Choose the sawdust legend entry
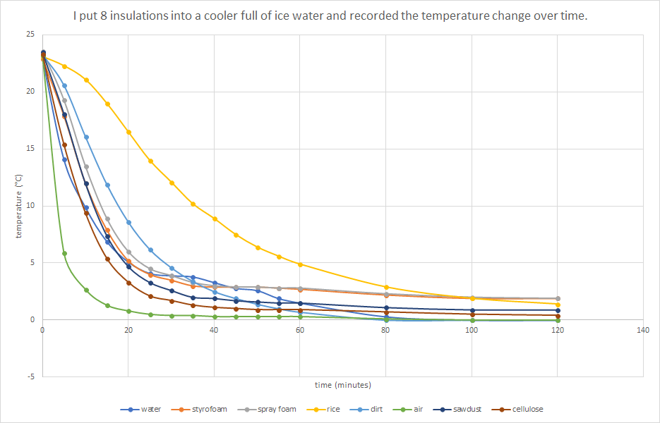[467, 409]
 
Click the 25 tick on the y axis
[29, 34]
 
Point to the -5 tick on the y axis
[30, 376]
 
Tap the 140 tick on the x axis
[642, 329]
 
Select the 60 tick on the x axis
[300, 329]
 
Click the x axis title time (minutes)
[342, 385]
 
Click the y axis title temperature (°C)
[20, 205]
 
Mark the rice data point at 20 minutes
[128, 132]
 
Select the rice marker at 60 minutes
[300, 264]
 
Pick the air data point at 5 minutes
[64, 253]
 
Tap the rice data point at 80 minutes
[386, 287]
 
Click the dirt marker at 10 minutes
[86, 137]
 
